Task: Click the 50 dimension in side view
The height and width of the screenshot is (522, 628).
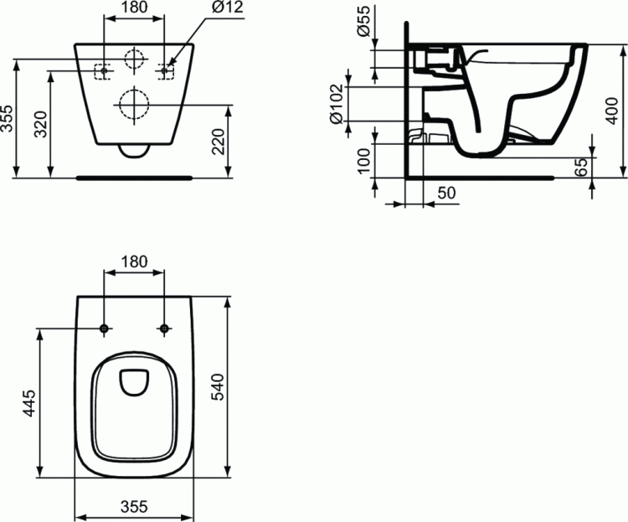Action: [x=446, y=194]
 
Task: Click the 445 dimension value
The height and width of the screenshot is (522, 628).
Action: [x=28, y=404]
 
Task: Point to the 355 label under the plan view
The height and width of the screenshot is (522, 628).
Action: [x=133, y=506]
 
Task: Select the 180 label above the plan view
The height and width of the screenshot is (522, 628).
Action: [x=134, y=261]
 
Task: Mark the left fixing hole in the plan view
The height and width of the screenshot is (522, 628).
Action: [x=104, y=328]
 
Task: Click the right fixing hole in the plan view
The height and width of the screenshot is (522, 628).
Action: [x=164, y=328]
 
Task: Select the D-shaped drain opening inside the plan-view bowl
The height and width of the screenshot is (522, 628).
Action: [x=134, y=383]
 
